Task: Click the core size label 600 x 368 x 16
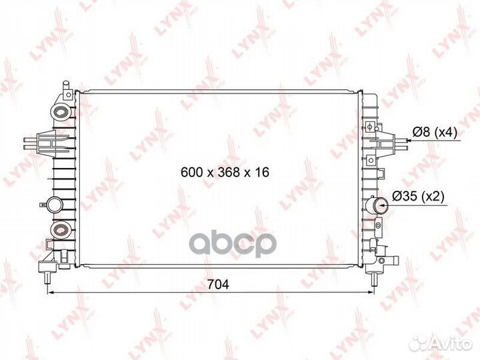coord(225,172)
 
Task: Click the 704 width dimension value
coord(218,285)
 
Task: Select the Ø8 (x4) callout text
coord(434,133)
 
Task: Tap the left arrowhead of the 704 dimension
coord(50,291)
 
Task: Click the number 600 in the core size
coord(191,172)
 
